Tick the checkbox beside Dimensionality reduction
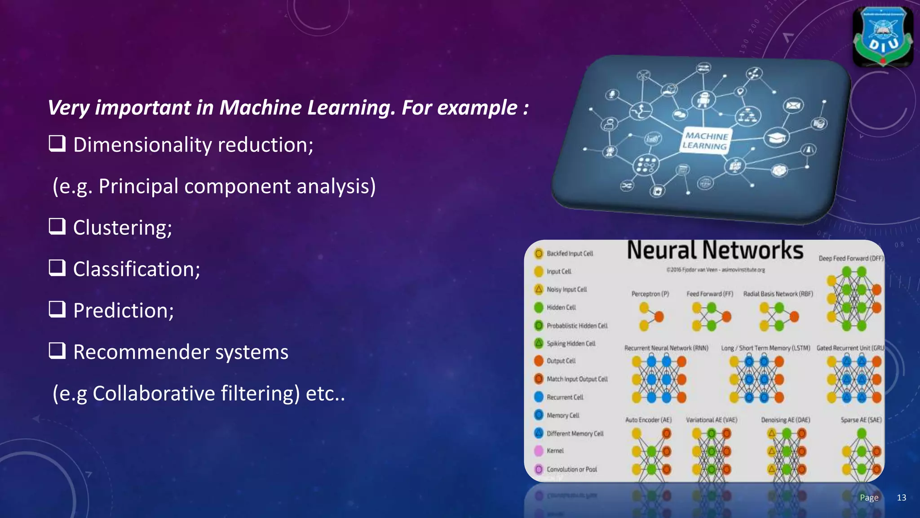57,143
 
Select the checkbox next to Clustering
57,226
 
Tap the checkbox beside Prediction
57,309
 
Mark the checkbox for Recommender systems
57,350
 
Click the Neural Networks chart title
715,250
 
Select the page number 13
901,497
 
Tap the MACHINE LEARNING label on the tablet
705,141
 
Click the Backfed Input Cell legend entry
570,254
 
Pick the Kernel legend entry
555,451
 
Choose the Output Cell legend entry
561,361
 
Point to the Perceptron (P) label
650,294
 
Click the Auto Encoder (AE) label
648,420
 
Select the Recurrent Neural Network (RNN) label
666,348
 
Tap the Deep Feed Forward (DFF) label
850,259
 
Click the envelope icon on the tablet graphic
793,106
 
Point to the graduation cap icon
777,137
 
